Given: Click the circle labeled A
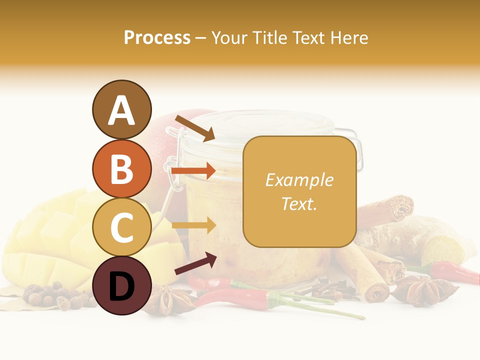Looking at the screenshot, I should click(x=121, y=109).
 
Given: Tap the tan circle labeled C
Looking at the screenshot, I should click(x=121, y=227).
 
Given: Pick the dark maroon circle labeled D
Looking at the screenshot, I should click(x=121, y=285).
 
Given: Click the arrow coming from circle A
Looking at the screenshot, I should click(x=194, y=127).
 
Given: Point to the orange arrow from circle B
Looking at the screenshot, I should click(x=193, y=171).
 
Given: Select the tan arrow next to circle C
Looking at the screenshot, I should click(x=193, y=225).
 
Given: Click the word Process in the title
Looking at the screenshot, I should click(x=157, y=38).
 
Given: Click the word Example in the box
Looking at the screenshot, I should click(x=299, y=180).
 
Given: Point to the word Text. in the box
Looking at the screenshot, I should click(x=299, y=203).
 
